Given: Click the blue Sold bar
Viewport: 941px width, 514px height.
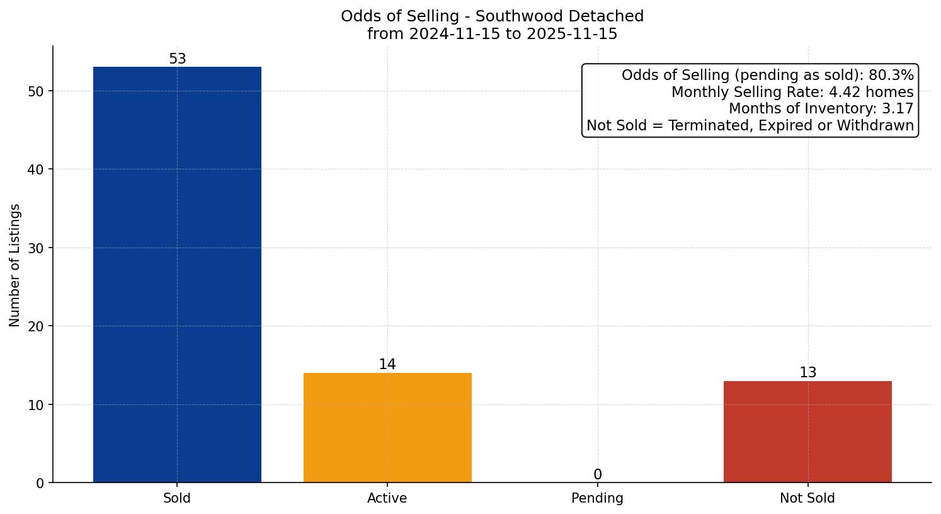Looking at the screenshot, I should click(177, 274).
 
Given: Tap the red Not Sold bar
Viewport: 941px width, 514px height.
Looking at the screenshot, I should click(807, 431).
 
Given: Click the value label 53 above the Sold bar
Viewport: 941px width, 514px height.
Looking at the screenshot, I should click(178, 59).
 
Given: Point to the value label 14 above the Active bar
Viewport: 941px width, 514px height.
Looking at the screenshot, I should click(387, 365).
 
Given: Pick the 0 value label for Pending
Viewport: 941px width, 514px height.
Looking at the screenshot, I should click(598, 475).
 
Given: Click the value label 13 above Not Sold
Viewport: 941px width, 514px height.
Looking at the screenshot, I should click(807, 373).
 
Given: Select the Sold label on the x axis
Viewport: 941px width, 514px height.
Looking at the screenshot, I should click(177, 498).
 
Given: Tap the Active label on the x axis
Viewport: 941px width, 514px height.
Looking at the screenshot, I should click(387, 498).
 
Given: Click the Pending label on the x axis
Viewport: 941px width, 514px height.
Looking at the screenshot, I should click(597, 498).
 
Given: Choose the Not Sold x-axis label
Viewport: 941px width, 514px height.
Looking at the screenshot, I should click(807, 498).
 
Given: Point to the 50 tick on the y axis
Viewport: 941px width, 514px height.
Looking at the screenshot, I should click(36, 91).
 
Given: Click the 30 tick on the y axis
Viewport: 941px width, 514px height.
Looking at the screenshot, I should click(36, 248).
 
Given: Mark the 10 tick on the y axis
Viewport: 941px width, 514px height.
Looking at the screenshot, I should click(36, 405).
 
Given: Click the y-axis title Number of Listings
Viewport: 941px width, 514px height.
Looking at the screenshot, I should click(15, 265).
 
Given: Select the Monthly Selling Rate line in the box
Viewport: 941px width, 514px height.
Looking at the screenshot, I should click(792, 93).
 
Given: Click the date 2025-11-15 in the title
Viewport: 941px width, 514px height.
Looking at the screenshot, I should click(572, 34).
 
